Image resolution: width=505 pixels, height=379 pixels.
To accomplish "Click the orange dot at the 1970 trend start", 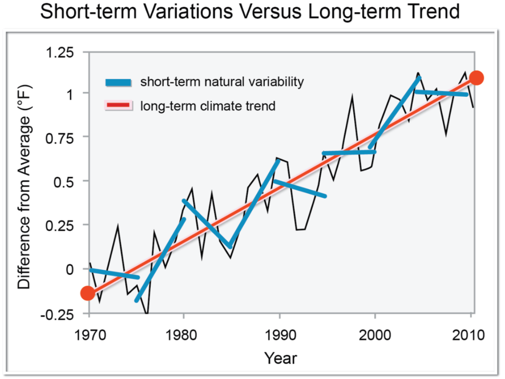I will (88, 293).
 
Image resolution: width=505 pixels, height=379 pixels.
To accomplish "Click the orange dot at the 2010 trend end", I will (476, 78).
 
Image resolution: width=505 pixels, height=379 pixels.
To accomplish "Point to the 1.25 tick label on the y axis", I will (67, 52).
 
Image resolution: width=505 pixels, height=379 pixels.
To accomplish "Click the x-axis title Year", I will (281, 358).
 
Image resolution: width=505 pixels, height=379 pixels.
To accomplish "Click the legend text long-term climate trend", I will (208, 106).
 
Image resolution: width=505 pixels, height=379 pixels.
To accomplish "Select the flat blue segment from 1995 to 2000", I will (349, 153).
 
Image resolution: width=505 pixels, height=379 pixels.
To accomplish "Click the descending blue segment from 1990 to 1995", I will (300, 188).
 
